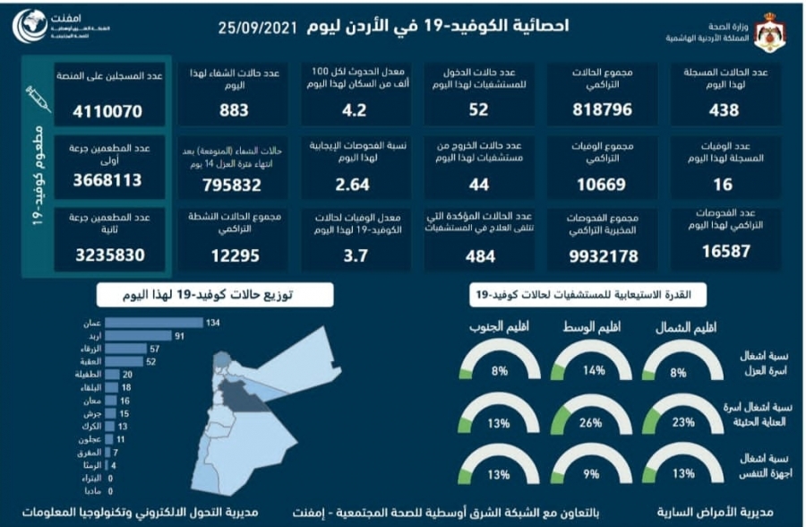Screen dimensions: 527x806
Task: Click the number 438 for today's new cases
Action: [x=724, y=110]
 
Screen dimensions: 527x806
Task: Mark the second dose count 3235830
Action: [x=110, y=255]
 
